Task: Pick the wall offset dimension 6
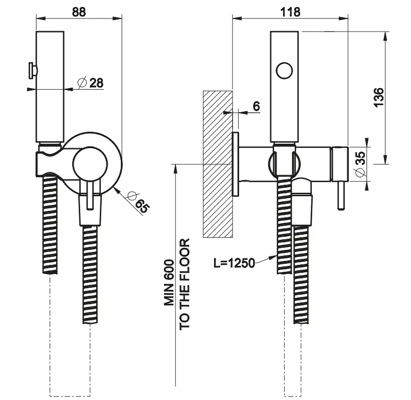point(256,106)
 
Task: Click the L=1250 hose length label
point(234,262)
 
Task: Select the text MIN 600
point(169,283)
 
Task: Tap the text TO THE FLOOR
point(185,284)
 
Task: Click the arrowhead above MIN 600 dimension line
point(175,167)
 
